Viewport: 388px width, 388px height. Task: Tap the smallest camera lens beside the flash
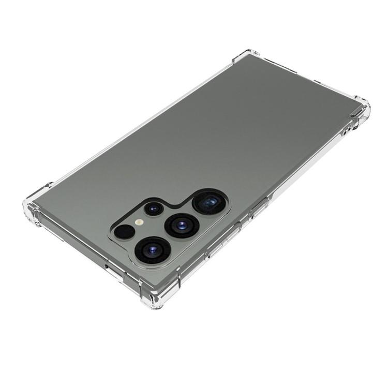tap(154, 208)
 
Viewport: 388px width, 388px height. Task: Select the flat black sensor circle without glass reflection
tap(123, 232)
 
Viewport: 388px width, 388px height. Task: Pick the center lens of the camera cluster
tap(182, 225)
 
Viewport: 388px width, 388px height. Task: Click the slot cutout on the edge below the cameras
tap(111, 267)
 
